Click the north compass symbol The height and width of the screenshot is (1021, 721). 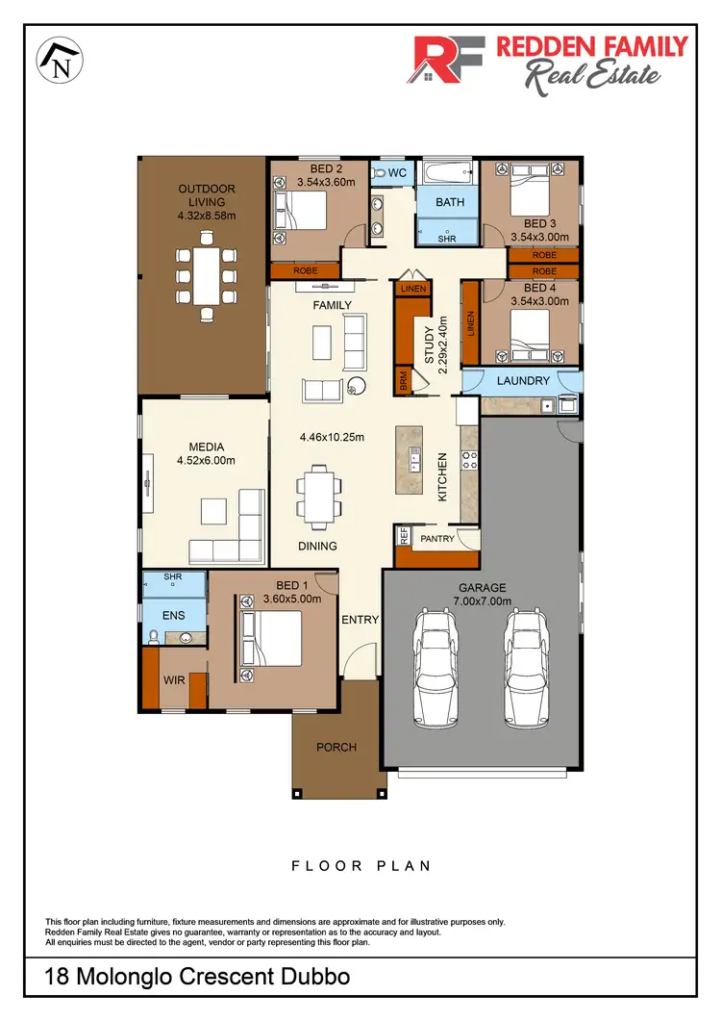(60, 60)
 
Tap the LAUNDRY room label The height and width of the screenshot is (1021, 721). (523, 381)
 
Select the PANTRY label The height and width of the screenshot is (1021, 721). (436, 540)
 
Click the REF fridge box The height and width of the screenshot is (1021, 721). (404, 537)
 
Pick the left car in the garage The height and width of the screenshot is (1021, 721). (436, 668)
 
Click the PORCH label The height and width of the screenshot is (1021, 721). (336, 748)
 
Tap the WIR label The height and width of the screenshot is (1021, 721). (174, 680)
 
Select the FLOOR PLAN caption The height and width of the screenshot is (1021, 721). (360, 866)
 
